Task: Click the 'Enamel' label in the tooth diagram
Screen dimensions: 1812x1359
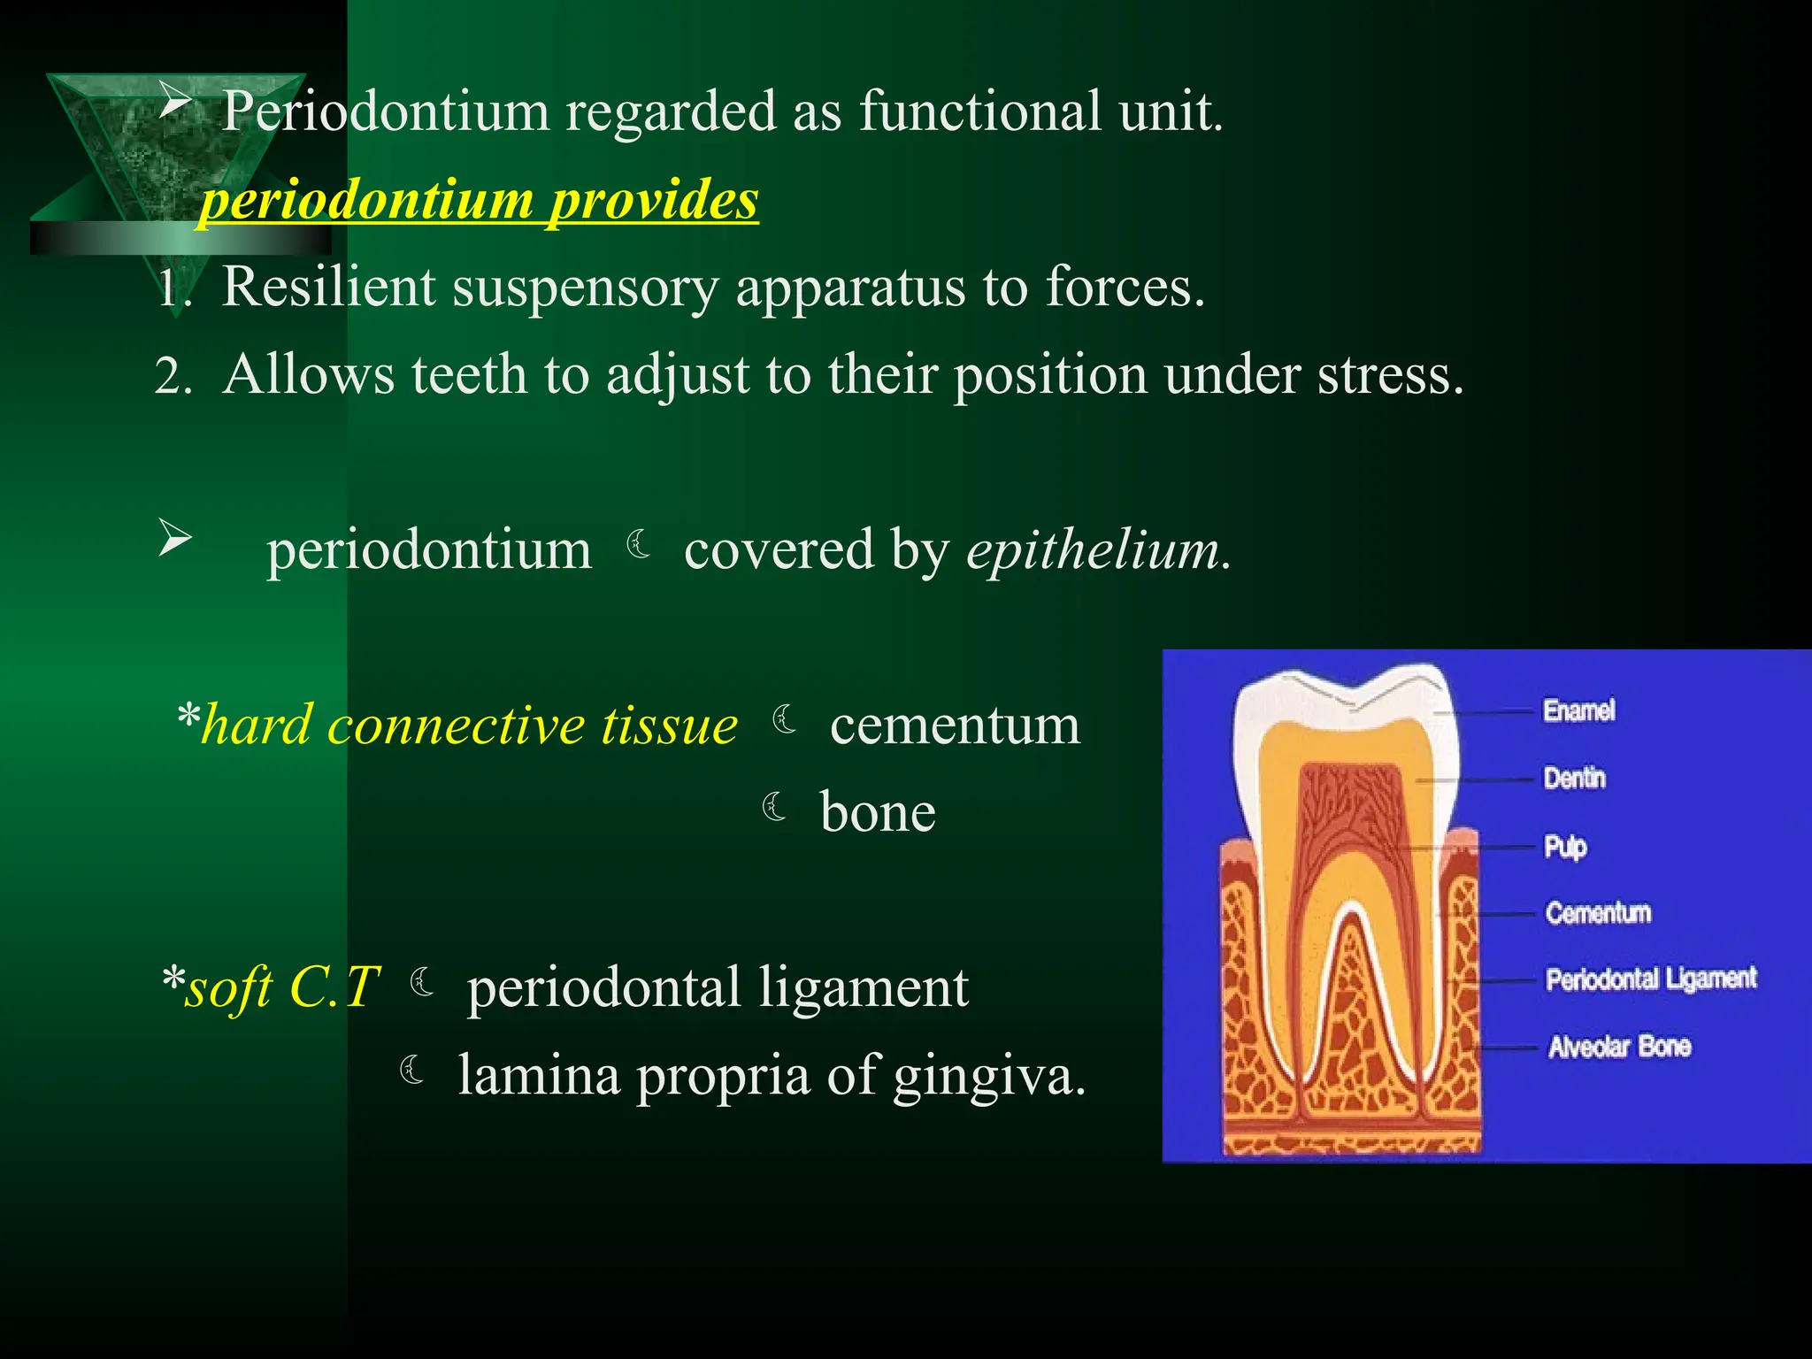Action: click(x=1578, y=710)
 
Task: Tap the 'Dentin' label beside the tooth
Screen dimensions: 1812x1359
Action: click(x=1574, y=779)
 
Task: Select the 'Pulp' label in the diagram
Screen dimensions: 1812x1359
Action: click(x=1565, y=847)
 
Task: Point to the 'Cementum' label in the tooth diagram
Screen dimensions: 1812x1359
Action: click(x=1598, y=912)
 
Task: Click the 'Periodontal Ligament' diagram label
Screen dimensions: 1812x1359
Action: click(x=1651, y=979)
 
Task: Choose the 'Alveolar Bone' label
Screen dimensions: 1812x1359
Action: click(x=1619, y=1047)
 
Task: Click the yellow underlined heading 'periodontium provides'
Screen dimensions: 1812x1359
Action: click(x=480, y=199)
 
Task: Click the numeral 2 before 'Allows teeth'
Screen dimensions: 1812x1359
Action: click(x=170, y=376)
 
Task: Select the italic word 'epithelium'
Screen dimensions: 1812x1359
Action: click(x=1093, y=549)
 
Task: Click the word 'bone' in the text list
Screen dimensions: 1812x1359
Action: click(x=878, y=812)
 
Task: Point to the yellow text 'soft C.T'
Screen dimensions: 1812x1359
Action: click(x=281, y=987)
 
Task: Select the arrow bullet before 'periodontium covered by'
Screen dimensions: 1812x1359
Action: click(x=175, y=538)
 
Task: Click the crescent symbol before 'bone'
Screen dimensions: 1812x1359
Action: click(x=775, y=806)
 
